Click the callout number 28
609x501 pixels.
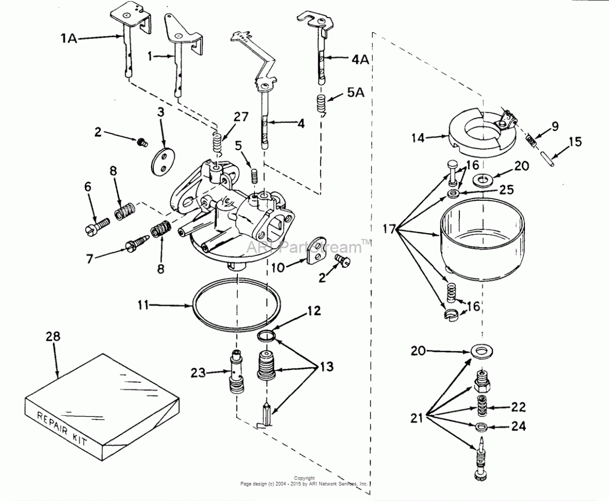click(x=53, y=336)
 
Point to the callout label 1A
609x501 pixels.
click(x=69, y=37)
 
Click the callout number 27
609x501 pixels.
click(x=241, y=117)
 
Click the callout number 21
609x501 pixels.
click(x=417, y=418)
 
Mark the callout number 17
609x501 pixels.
click(x=391, y=229)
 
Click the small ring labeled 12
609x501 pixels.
click(x=266, y=335)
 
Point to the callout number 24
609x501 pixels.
click(x=518, y=426)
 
